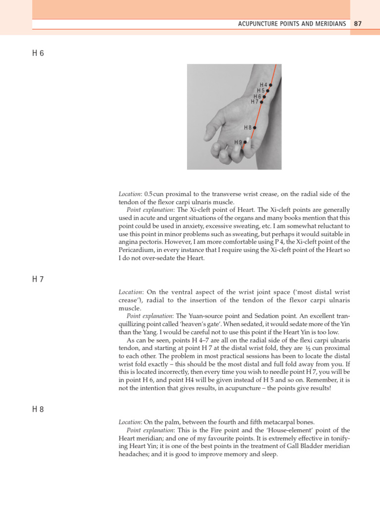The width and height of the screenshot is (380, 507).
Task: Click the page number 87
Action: [358, 24]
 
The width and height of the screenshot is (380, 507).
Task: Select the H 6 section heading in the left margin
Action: [38, 53]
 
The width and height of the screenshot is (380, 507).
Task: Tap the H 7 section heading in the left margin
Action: [38, 279]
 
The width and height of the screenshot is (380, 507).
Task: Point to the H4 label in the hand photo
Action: [263, 85]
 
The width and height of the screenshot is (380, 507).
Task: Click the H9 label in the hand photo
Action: [238, 142]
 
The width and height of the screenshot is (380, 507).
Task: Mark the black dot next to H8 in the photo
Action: [255, 127]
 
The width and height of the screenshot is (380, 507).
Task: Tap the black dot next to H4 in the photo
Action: [271, 85]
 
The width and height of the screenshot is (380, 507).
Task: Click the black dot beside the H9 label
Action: [245, 142]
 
